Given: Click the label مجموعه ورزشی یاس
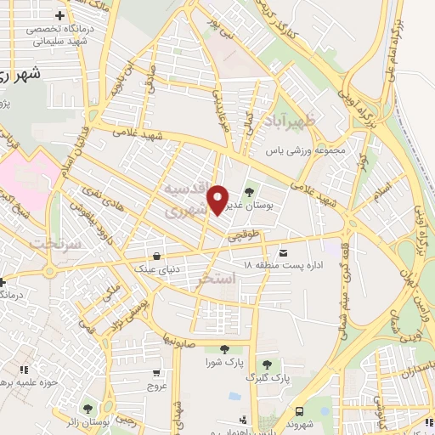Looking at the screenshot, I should (x=306, y=150).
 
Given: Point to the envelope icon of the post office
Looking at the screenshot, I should (x=282, y=252).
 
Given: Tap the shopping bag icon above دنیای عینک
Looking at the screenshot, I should (x=156, y=256).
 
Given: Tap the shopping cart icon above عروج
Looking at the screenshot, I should (x=156, y=372).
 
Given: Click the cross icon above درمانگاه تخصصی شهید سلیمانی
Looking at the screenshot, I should (x=59, y=15).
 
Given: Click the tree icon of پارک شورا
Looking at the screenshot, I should (x=224, y=349).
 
